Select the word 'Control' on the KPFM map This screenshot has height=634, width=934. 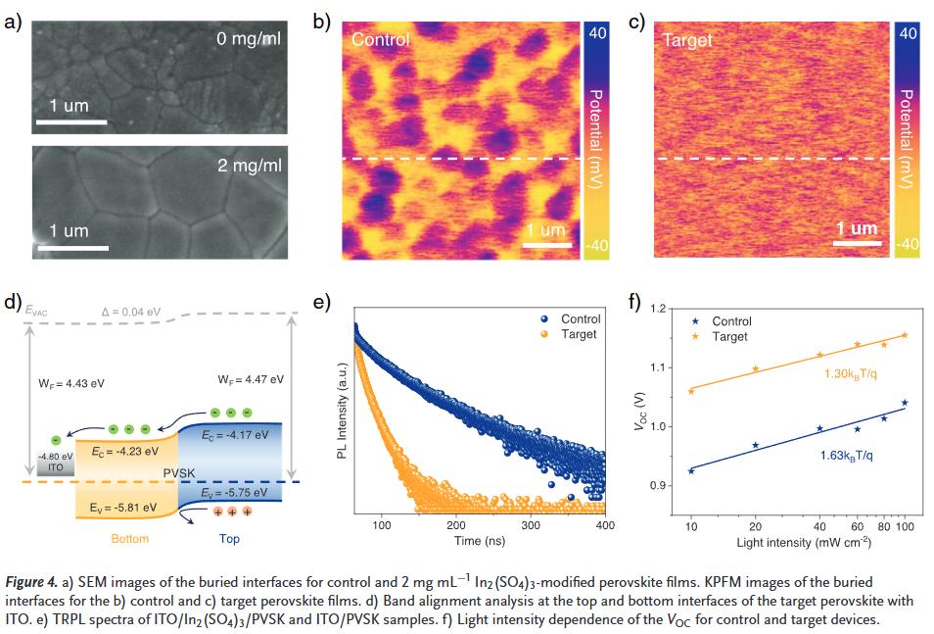tap(380, 40)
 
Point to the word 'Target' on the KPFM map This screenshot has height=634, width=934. tap(688, 40)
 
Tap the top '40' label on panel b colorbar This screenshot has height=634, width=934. tap(596, 33)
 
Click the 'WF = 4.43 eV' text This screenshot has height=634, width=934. tap(71, 383)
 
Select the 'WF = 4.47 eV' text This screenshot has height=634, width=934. tap(251, 379)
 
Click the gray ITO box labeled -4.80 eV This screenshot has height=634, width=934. tap(55, 463)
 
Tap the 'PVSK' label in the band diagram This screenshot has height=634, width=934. tap(179, 473)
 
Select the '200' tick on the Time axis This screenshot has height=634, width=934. tap(457, 525)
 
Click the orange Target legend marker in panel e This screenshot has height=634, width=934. tap(545, 334)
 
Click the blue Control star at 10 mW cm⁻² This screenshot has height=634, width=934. tap(691, 471)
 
